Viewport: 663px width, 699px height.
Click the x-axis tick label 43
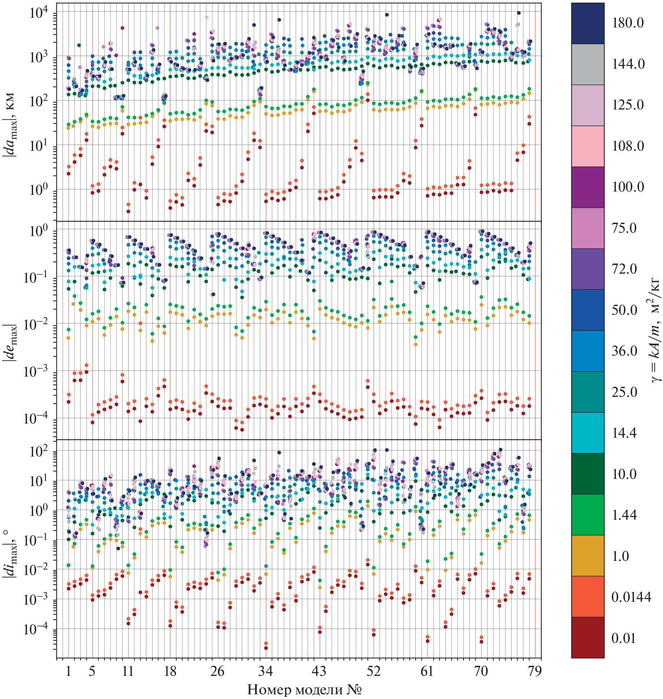point(319,671)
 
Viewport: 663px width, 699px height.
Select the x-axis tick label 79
point(535,671)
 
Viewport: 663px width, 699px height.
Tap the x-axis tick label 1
point(68,671)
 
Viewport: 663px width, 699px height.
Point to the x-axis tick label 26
point(217,671)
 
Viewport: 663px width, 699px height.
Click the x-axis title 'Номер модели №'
point(304,690)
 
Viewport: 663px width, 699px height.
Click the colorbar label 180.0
point(628,23)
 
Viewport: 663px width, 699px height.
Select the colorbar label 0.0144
point(631,597)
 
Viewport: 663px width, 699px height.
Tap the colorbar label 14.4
point(624,433)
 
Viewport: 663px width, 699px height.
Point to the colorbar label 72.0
point(624,269)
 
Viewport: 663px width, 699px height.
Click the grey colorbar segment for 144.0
point(587,64)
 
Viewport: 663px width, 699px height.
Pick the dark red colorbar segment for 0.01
point(587,638)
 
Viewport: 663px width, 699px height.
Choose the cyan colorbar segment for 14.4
point(587,433)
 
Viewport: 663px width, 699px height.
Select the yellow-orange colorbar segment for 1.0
point(587,556)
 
